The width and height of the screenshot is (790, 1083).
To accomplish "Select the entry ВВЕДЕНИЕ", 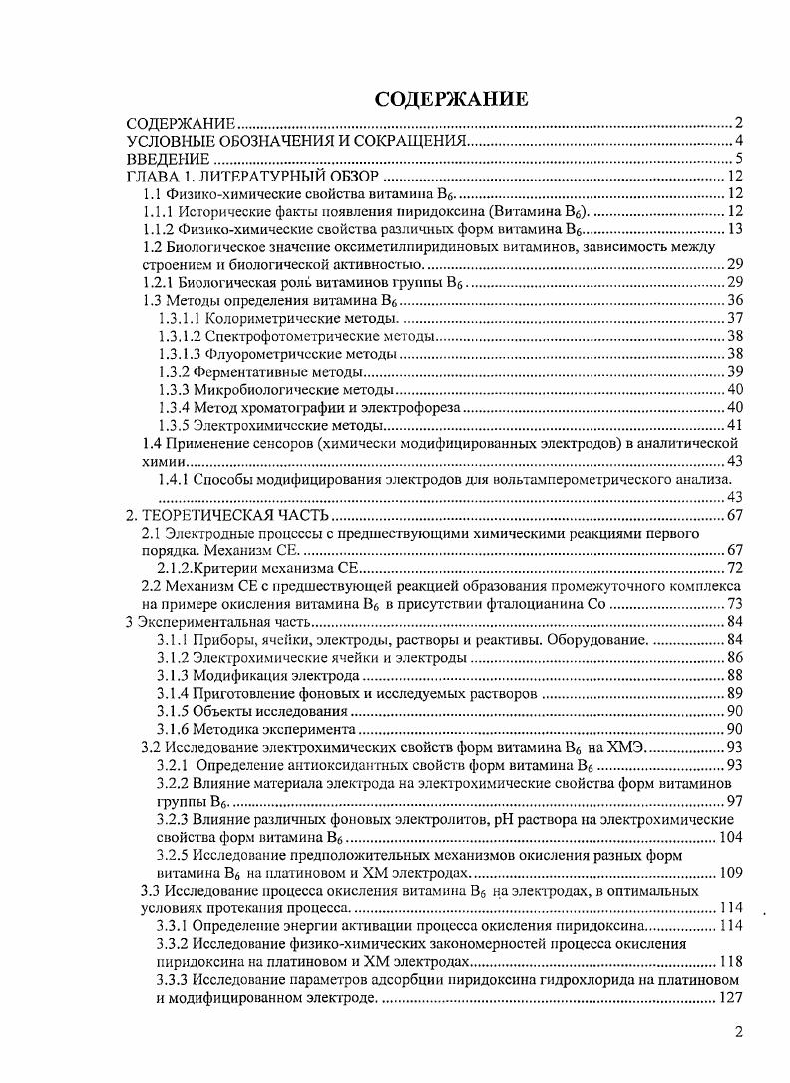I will tap(160, 159).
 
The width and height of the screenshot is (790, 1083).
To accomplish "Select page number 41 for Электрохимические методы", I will tap(735, 425).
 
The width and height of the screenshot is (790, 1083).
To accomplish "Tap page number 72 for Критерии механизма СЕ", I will tap(735, 568).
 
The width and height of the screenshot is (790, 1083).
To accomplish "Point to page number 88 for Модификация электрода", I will tap(735, 675).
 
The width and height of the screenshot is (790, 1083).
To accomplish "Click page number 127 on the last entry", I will tap(731, 997).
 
